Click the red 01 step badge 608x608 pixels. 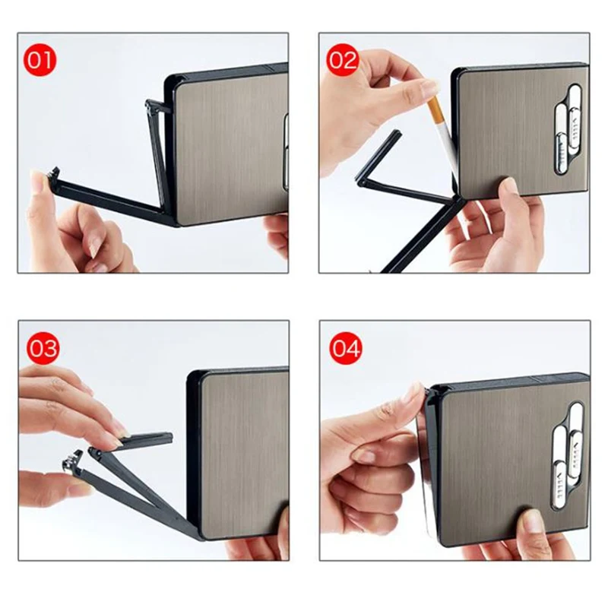pos(40,61)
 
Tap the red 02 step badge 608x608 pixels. pos(343,61)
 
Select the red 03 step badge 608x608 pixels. pos(43,348)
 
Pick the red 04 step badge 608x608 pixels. pos(346,348)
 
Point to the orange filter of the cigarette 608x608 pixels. pos(434,109)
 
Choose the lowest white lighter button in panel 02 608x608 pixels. pos(560,154)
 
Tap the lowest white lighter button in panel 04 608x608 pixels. pos(559,485)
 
